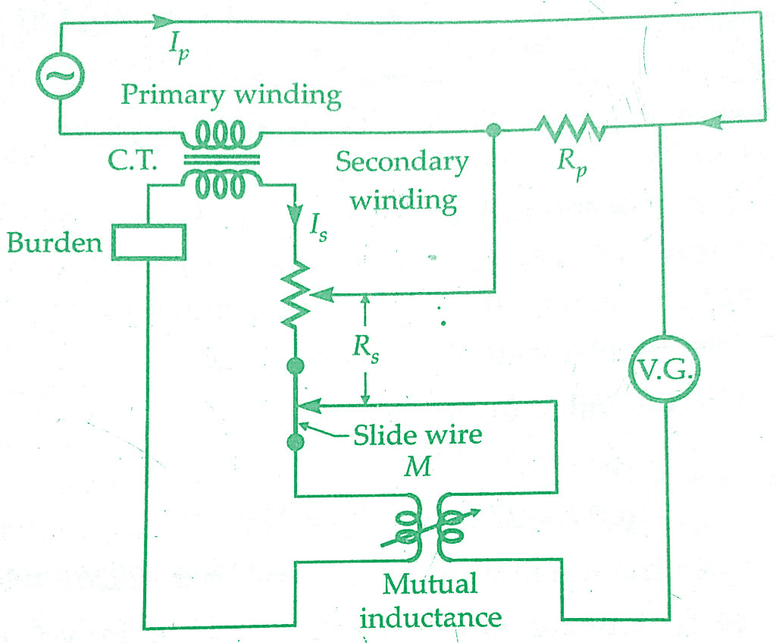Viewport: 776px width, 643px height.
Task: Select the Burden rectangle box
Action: (x=148, y=242)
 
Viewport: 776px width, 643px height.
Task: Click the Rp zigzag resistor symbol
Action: (x=571, y=129)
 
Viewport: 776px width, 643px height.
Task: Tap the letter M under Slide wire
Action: (x=417, y=466)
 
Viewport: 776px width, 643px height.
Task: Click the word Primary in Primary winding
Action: (x=173, y=96)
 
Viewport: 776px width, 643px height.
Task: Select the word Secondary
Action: (x=402, y=162)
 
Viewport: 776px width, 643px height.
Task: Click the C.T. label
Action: (x=132, y=162)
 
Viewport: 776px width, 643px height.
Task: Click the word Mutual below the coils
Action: (x=430, y=585)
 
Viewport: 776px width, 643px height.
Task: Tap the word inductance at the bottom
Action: (x=430, y=616)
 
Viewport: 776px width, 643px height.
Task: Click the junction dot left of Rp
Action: (x=494, y=130)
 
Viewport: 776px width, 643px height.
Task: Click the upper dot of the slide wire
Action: (x=296, y=367)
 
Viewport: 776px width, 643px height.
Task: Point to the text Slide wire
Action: (x=418, y=436)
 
